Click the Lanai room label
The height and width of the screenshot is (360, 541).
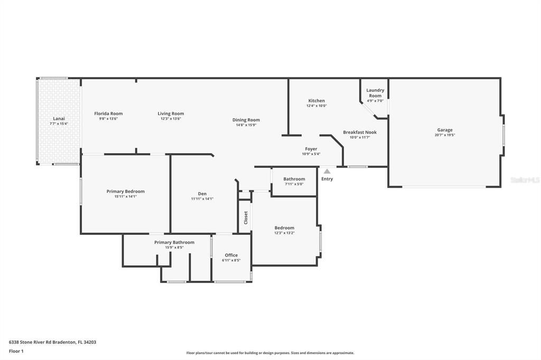[x=59, y=119]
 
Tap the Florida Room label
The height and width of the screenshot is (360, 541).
[x=108, y=113]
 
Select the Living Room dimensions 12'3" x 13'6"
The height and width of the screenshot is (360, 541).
[x=171, y=119]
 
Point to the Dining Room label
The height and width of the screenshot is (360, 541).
[x=246, y=120]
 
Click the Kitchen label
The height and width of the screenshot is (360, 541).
[x=316, y=101]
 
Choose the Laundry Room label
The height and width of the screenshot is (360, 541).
[x=375, y=93]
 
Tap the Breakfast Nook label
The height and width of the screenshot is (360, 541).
[x=359, y=132]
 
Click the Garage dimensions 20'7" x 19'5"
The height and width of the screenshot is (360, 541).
[x=444, y=135]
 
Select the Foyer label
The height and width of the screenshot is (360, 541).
[x=311, y=149]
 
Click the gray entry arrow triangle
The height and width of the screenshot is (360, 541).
[x=327, y=171]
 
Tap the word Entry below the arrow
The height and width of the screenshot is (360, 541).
[x=327, y=179]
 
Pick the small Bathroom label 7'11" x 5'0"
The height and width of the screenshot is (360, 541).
[x=294, y=179]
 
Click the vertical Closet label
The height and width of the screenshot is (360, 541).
[x=246, y=217]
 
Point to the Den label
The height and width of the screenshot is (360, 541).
[x=202, y=194]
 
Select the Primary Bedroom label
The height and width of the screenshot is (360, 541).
[x=125, y=192]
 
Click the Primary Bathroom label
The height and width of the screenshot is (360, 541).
[x=174, y=242]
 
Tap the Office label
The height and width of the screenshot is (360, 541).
[x=231, y=255]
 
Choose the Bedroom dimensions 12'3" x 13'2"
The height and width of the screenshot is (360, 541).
[x=284, y=233]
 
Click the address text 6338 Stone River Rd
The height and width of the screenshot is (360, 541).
[x=39, y=342]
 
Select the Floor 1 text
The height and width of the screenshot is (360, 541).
[x=16, y=351]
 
